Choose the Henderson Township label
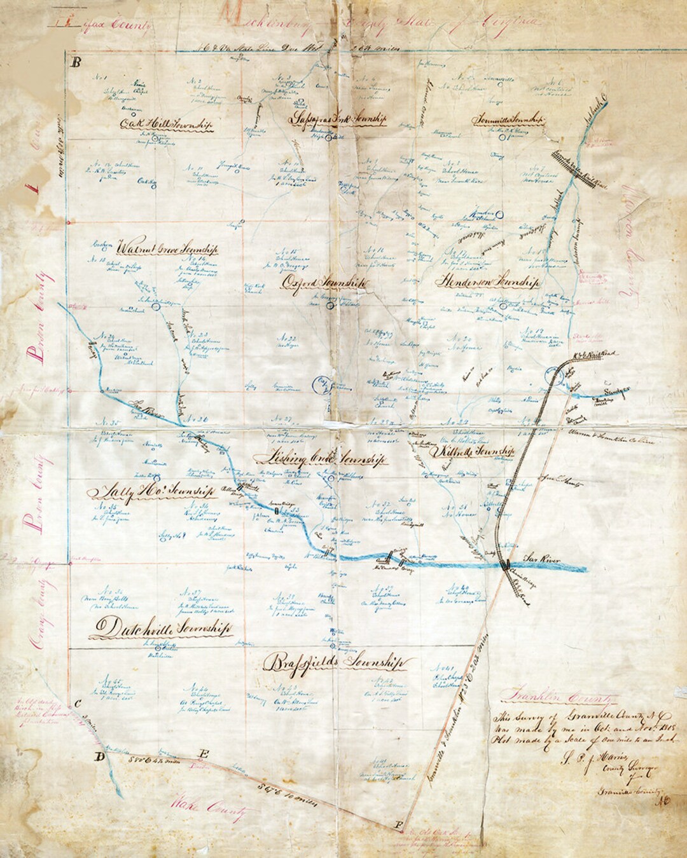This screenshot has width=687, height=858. click(x=489, y=280)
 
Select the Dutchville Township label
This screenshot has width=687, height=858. click(x=160, y=628)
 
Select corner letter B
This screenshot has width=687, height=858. click(x=76, y=62)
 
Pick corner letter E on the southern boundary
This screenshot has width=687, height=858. click(x=204, y=754)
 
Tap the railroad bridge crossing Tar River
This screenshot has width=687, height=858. click(x=507, y=564)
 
